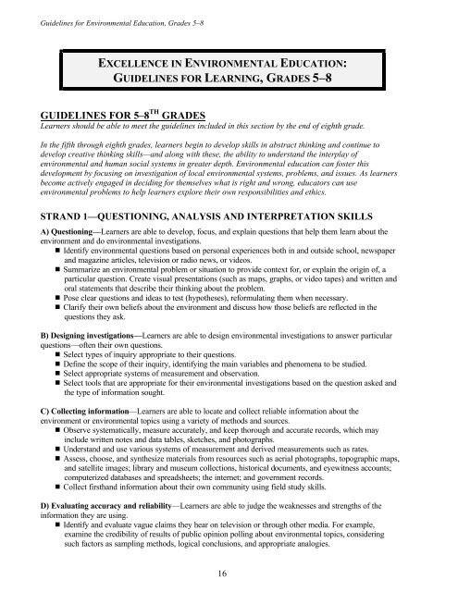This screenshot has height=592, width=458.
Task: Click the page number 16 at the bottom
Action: click(228, 573)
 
